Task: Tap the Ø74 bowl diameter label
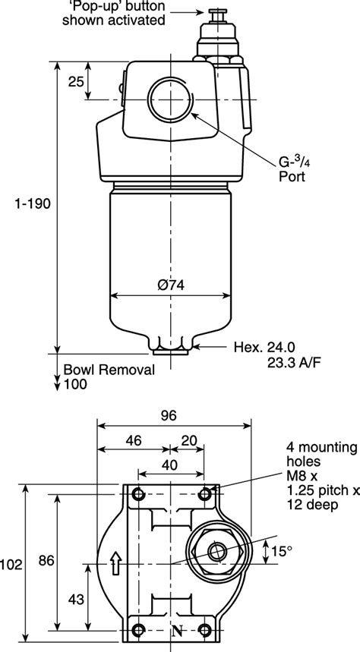(172, 285)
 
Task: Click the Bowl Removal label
(109, 370)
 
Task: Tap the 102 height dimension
(12, 564)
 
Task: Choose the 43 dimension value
(75, 599)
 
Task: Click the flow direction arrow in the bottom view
(115, 562)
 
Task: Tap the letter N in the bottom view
(177, 630)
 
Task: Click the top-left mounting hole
(137, 496)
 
